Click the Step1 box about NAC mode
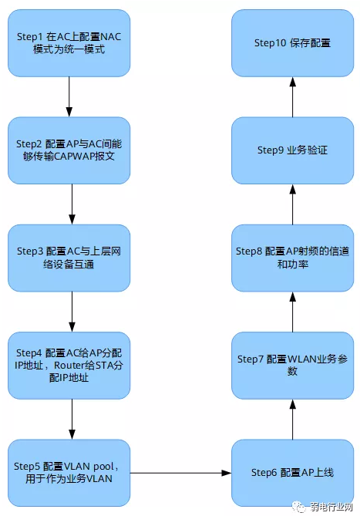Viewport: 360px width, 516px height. coord(69,42)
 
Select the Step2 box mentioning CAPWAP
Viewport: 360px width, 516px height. coord(69,150)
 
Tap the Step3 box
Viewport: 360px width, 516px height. coord(69,257)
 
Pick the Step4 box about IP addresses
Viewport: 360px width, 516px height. coord(69,364)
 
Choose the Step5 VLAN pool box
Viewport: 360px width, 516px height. coord(69,471)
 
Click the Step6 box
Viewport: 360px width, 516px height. coord(292,471)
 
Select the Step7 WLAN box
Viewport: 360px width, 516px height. coord(292,365)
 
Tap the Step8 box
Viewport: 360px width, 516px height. coord(292,257)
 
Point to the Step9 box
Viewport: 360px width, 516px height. coord(292,150)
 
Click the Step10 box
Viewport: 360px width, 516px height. coord(292,42)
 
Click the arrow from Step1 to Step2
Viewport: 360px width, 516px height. coord(69,96)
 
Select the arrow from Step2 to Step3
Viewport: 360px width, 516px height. coord(70,203)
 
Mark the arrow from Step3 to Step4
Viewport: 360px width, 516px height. coord(70,310)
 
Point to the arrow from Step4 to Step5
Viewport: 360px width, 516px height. coord(70,417)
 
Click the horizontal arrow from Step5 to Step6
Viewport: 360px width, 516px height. coord(181,471)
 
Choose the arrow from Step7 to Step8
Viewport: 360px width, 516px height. coord(292,311)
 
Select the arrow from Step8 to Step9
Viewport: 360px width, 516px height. coord(292,204)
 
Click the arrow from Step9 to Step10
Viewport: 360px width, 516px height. coord(292,96)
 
